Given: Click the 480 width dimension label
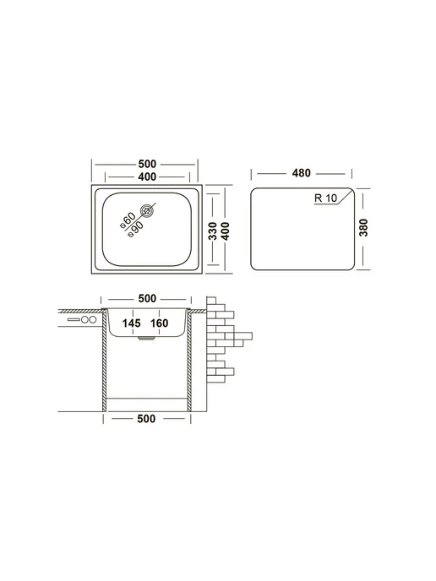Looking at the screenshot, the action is pyautogui.click(x=301, y=173).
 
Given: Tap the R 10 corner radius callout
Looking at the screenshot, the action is pyautogui.click(x=325, y=198).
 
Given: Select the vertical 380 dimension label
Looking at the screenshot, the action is pyautogui.click(x=363, y=228).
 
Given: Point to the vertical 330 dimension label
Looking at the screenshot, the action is pyautogui.click(x=213, y=231).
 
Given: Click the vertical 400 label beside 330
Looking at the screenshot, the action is pyautogui.click(x=225, y=231).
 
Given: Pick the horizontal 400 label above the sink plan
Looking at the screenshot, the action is pyautogui.click(x=147, y=177).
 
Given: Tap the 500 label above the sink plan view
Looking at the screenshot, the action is pyautogui.click(x=147, y=164).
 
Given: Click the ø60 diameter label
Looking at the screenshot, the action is pyautogui.click(x=127, y=220).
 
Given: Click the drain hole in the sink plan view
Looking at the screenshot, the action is pyautogui.click(x=147, y=211).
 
